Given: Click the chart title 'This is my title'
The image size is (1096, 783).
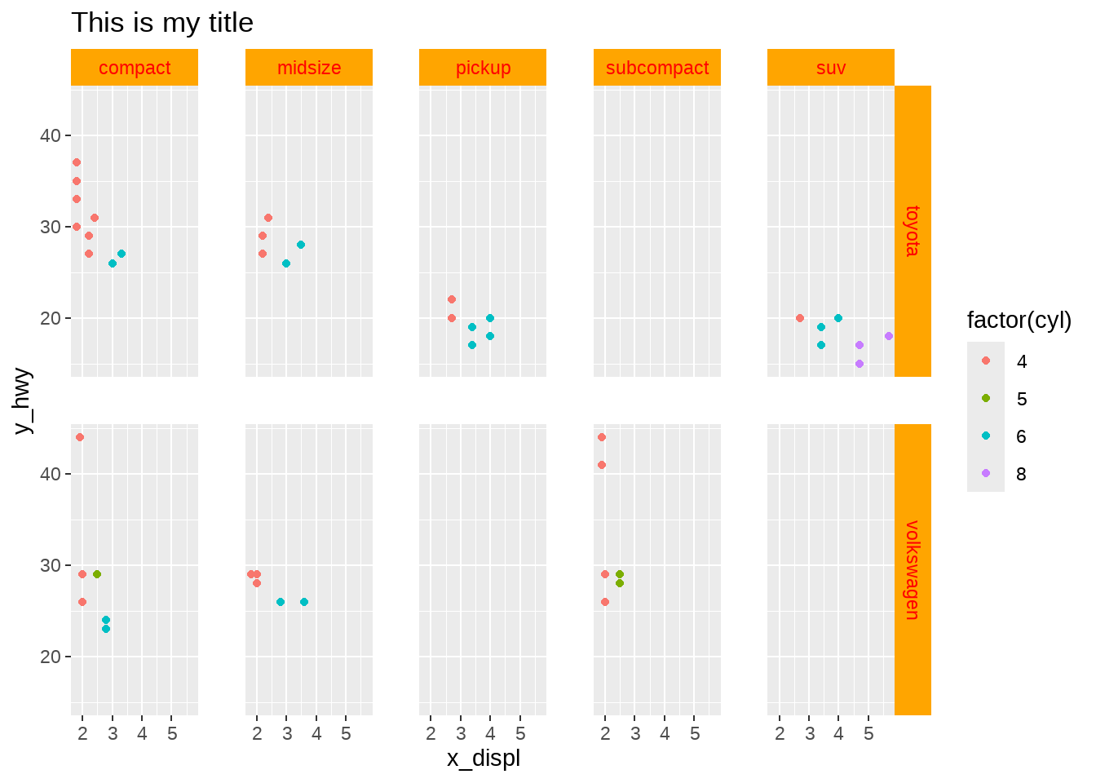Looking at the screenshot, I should point(162,23).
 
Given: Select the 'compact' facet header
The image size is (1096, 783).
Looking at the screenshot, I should point(135,68).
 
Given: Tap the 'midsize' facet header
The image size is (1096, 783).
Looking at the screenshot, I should point(309,68).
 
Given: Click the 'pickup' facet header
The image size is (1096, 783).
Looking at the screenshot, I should point(483,68).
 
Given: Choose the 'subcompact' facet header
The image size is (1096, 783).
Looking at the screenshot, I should point(657,68).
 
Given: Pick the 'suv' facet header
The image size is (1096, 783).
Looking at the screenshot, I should point(831,68).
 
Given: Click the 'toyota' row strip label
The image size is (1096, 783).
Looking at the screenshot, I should point(913,231).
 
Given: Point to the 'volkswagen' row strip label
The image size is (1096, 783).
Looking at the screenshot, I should point(913,569).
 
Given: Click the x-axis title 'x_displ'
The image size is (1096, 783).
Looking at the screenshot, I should point(483,759).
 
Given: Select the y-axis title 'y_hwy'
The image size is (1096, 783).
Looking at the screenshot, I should point(23,400).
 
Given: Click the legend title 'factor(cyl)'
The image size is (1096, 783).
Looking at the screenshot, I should point(1019,321).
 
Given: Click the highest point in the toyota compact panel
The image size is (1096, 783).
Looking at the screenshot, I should point(77,162).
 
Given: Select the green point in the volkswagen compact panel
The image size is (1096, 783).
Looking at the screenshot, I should point(97,574).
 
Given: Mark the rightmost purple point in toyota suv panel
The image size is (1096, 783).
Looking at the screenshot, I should point(889,336).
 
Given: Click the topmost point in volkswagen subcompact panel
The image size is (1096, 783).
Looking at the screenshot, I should point(602,437).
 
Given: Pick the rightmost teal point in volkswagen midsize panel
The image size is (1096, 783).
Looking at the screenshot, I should point(304,602).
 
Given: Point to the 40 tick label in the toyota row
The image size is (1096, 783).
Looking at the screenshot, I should point(51,135).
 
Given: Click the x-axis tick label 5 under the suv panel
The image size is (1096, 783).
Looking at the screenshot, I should point(868,734).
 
